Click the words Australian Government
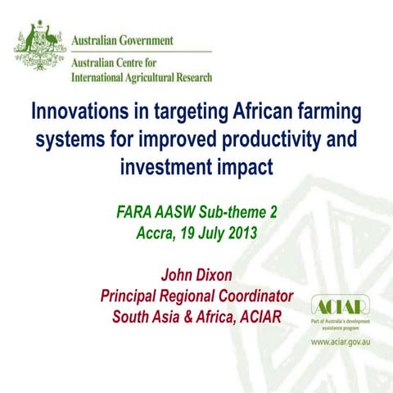123,40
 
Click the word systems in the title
69,139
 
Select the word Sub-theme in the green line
233,211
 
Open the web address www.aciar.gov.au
340,339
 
